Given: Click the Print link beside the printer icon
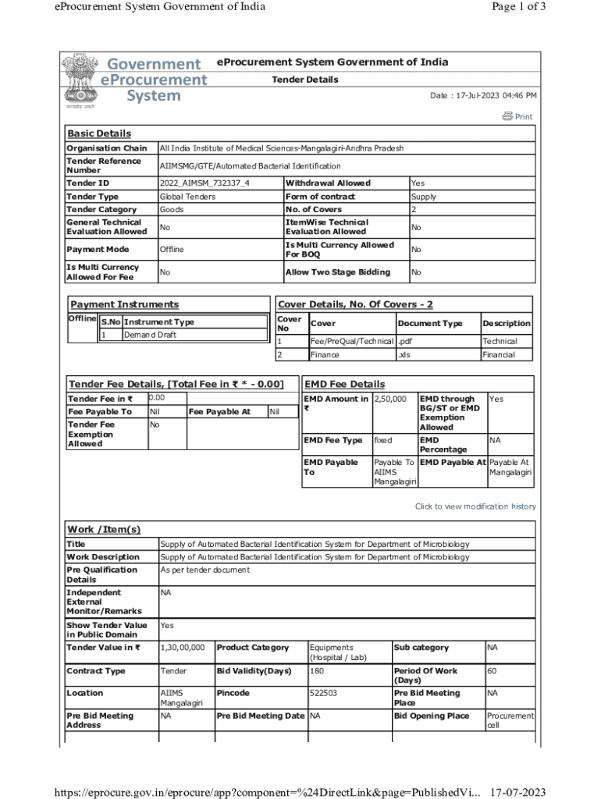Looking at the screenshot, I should [523, 117].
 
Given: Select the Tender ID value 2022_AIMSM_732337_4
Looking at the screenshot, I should [204, 183].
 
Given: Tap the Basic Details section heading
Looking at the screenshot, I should [99, 133].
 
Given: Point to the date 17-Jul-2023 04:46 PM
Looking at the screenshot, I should [483, 96].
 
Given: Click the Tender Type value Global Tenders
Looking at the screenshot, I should [187, 197].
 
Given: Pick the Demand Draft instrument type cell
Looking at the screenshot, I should [151, 335].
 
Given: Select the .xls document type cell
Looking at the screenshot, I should [406, 355].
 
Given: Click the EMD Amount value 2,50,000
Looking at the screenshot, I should [390, 399].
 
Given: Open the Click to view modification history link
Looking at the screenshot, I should [475, 506].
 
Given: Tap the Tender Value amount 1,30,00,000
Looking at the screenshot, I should [183, 648].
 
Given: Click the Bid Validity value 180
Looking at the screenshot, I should [317, 671].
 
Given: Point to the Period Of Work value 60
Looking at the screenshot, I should [492, 671].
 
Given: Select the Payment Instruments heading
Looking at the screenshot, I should [124, 304].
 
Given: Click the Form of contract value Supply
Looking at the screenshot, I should [424, 197].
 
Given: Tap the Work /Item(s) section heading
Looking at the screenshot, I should [104, 530].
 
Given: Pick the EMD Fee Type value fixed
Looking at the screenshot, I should [383, 441].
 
